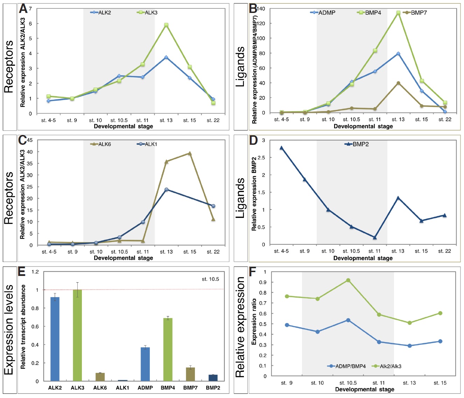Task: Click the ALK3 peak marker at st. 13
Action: pos(166,25)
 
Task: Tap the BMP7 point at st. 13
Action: pos(398,83)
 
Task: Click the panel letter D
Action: pos(253,141)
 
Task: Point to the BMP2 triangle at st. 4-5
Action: pos(281,148)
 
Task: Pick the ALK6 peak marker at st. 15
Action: pos(190,153)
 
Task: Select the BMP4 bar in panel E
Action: pos(168,349)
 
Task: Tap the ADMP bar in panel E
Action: pos(145,364)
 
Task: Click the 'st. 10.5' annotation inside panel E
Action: pos(210,279)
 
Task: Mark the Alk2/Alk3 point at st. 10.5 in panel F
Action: pos(348,280)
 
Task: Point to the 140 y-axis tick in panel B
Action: pos(261,8)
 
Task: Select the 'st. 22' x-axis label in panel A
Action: pos(213,120)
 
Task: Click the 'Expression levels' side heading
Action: pos(9,329)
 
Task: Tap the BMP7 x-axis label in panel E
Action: pos(190,388)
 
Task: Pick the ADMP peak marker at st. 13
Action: pos(398,54)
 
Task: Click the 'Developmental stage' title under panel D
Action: pos(363,258)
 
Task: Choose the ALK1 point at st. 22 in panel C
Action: pos(213,206)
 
